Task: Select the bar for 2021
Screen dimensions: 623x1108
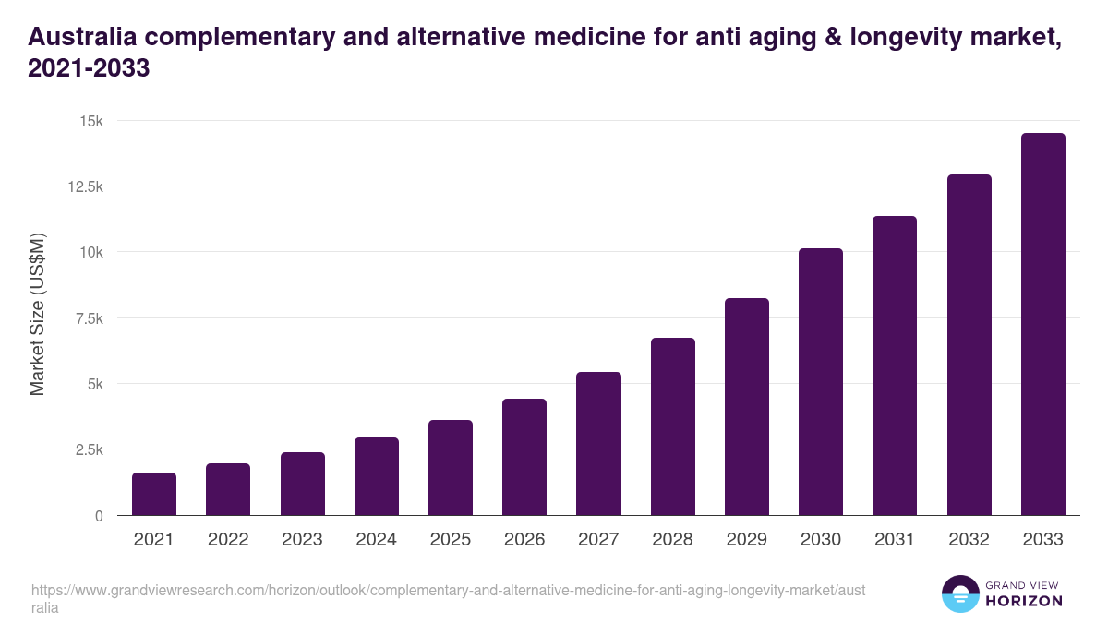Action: (x=154, y=494)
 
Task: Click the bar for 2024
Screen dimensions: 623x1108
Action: (x=376, y=476)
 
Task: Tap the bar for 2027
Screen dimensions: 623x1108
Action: (x=598, y=444)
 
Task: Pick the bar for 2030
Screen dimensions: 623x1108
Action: (x=821, y=382)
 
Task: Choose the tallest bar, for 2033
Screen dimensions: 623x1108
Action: (x=1042, y=324)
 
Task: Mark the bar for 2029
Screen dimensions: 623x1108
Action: (x=746, y=407)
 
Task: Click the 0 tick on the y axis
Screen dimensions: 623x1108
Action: (x=98, y=515)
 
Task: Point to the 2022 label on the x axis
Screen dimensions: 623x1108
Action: (x=228, y=540)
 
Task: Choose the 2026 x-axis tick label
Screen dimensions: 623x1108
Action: (x=524, y=540)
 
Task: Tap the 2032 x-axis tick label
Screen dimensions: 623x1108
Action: (x=969, y=540)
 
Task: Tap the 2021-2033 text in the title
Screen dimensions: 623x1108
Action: (x=89, y=69)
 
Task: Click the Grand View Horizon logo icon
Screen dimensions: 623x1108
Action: (x=959, y=593)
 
